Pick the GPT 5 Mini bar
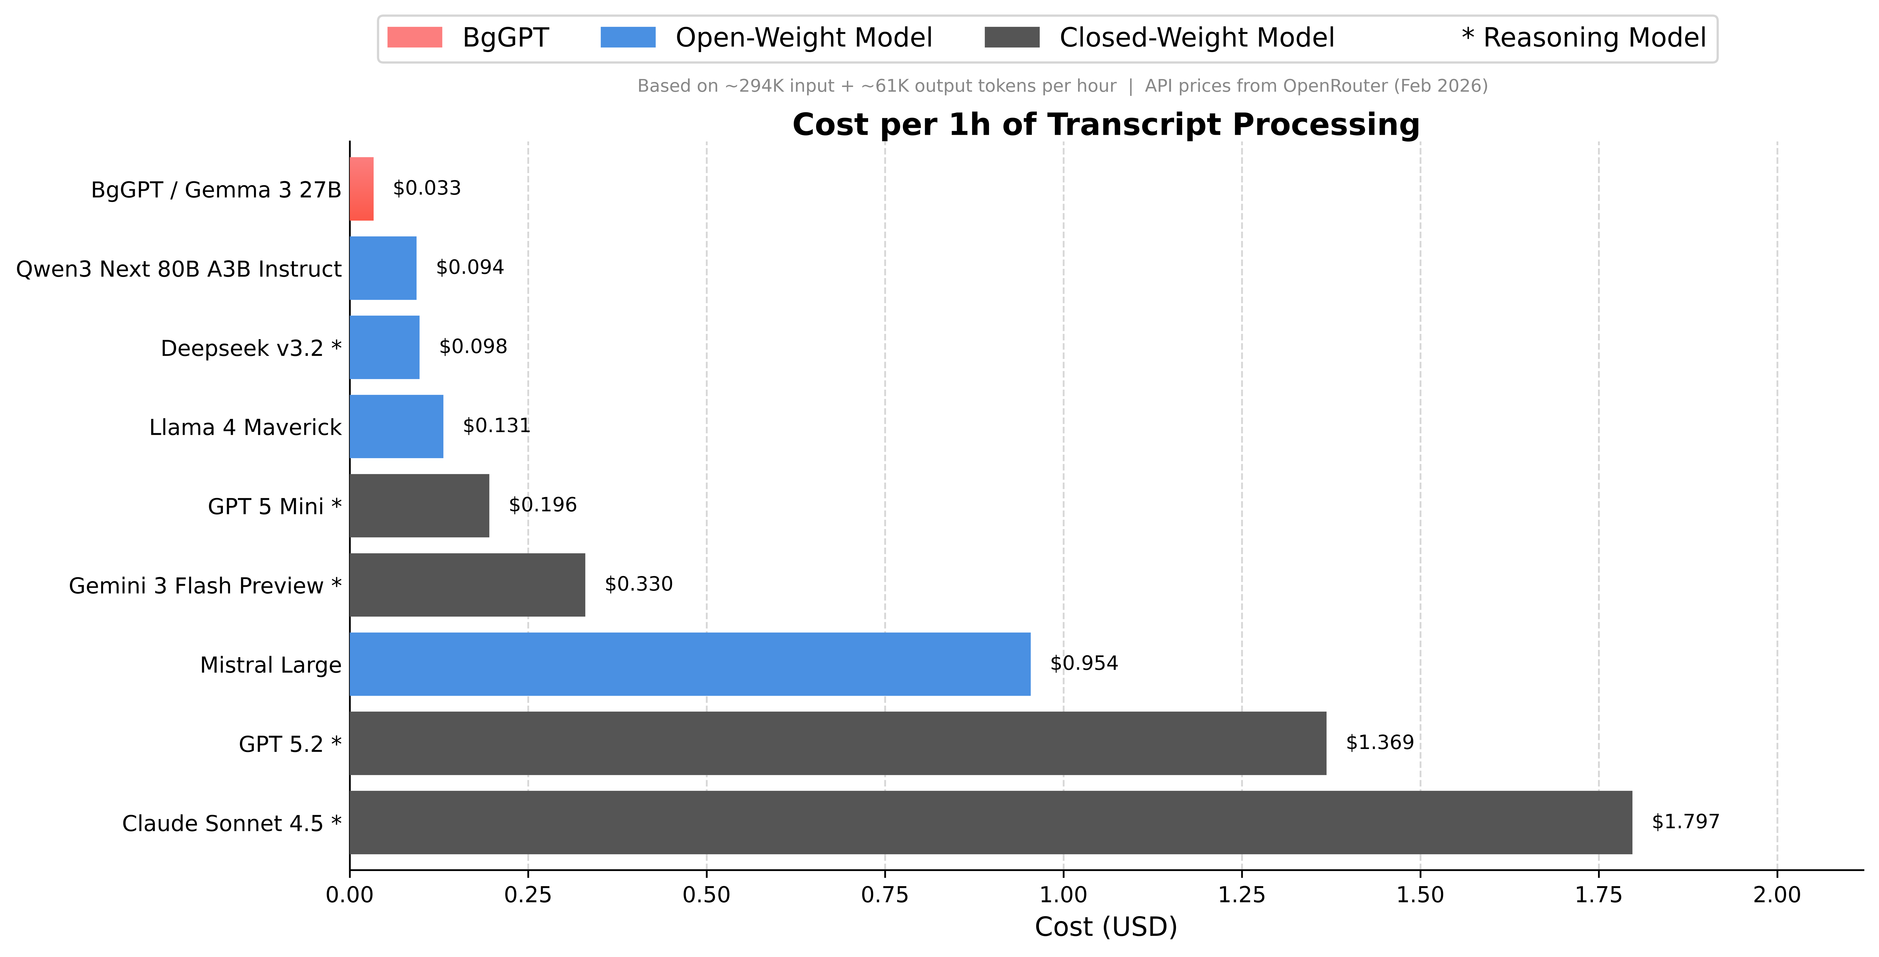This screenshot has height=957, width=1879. coord(420,505)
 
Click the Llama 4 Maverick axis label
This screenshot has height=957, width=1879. coord(245,427)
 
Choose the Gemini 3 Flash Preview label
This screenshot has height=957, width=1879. coord(204,586)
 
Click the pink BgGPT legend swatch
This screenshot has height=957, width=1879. coord(414,37)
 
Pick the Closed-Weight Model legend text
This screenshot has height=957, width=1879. coord(1196,37)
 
